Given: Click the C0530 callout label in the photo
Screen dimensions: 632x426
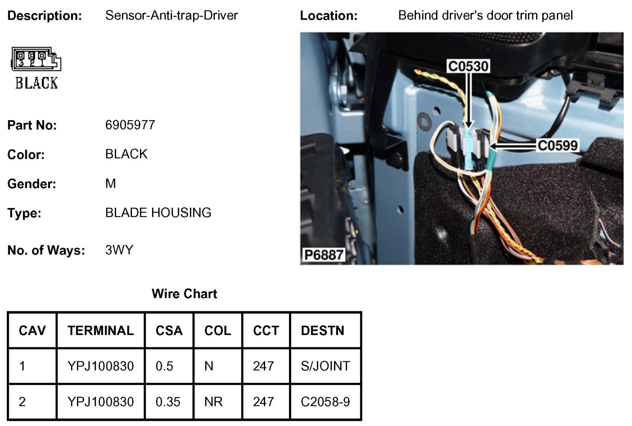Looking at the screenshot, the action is [x=468, y=66].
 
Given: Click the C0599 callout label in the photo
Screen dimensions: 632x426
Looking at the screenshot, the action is [x=557, y=145].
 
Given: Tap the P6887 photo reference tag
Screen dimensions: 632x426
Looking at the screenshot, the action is [x=323, y=255].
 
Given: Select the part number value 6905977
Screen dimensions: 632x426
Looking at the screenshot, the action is [x=130, y=125].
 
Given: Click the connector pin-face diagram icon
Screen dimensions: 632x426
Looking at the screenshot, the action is [x=36, y=59].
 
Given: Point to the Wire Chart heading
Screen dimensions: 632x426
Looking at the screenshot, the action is [x=184, y=294].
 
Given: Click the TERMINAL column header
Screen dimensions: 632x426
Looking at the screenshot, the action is [x=100, y=330].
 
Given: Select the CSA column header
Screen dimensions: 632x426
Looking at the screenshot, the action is [x=169, y=330].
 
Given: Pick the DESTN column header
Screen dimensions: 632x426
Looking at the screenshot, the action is [x=322, y=330].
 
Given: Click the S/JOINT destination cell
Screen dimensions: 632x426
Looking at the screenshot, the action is [x=325, y=366].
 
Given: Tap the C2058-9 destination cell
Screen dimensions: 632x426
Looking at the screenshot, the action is [x=325, y=401].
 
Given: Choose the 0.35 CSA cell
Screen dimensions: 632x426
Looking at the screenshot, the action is [x=168, y=401].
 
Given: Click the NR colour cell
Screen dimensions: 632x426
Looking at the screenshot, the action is [x=213, y=401].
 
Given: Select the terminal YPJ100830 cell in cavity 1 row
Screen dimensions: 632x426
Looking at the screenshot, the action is [x=100, y=366].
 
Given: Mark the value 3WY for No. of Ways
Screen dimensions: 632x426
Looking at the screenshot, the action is [x=119, y=250].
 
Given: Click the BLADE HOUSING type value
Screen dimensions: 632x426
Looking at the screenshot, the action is [x=158, y=213].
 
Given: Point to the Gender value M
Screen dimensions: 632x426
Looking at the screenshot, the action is [x=111, y=183].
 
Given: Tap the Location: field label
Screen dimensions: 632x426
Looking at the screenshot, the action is [x=329, y=16].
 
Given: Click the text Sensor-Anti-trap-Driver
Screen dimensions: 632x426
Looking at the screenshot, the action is [x=171, y=15].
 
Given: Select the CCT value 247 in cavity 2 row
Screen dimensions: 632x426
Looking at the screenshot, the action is [x=263, y=401].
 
